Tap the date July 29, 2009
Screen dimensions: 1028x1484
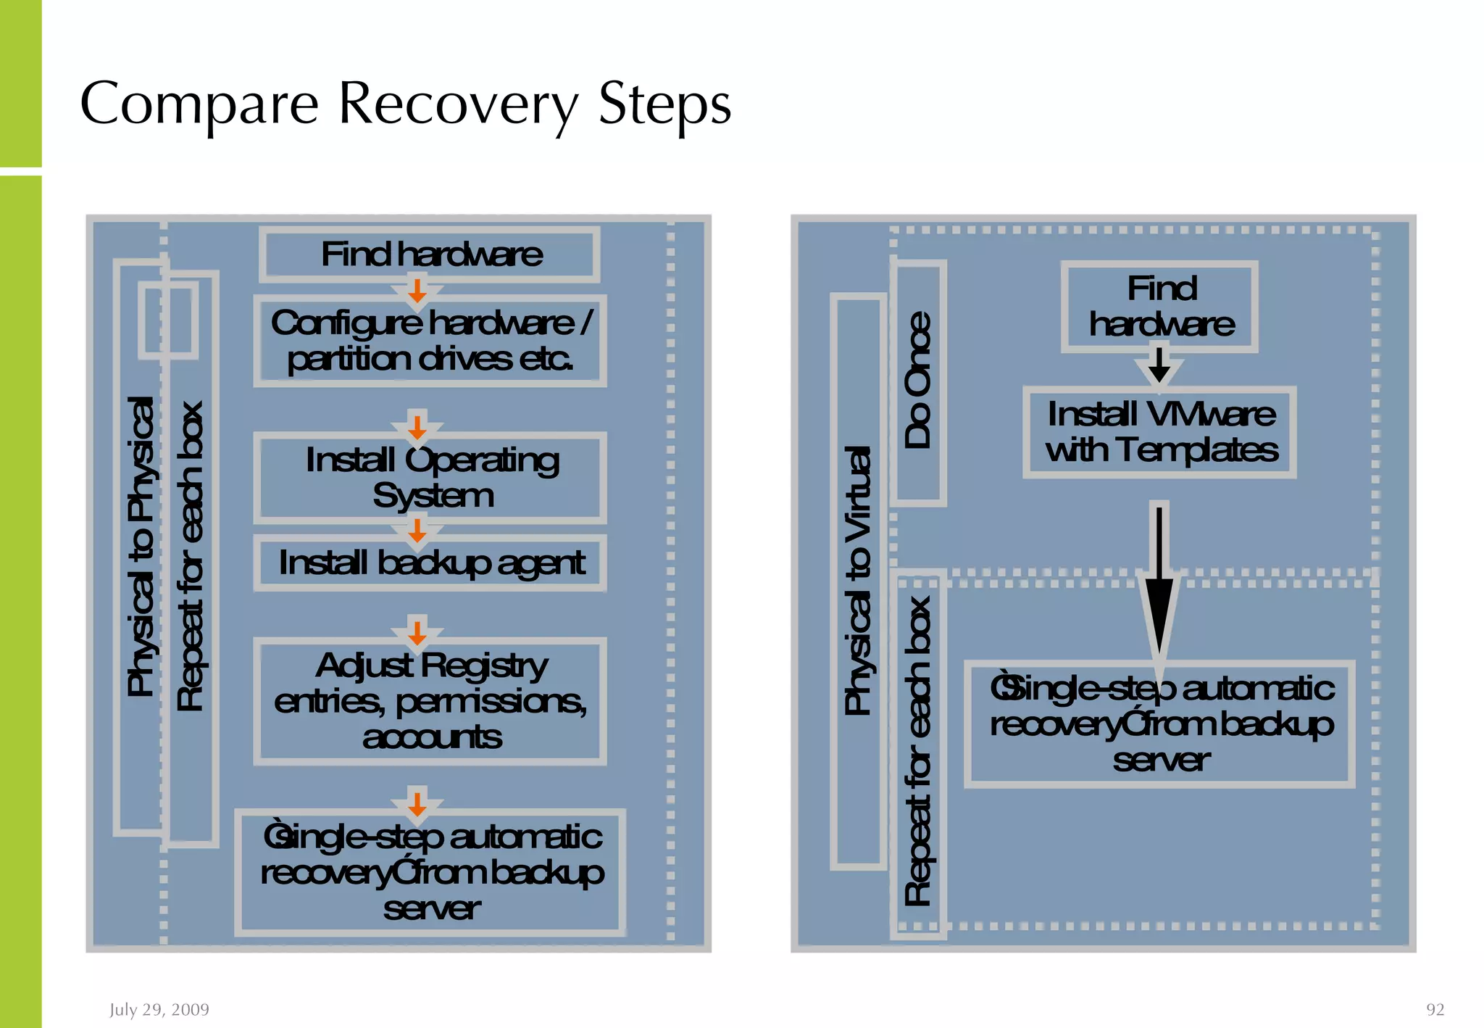159,1009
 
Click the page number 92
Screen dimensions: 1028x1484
1435,1009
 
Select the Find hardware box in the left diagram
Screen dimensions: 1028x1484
430,254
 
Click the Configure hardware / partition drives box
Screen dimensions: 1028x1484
430,341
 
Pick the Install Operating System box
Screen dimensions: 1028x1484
430,478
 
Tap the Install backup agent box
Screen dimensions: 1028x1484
430,563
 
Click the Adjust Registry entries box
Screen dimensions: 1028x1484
430,701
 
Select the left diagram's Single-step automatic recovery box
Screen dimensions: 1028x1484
430,872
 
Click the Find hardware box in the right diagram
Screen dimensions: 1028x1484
1160,307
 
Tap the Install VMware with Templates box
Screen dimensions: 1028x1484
1160,433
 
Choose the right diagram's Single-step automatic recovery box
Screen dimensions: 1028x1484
1160,724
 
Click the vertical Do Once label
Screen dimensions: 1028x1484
917,381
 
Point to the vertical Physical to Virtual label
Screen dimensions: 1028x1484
858,580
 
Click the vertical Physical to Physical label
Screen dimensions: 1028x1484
141,547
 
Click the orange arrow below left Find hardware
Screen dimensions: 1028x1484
417,291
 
